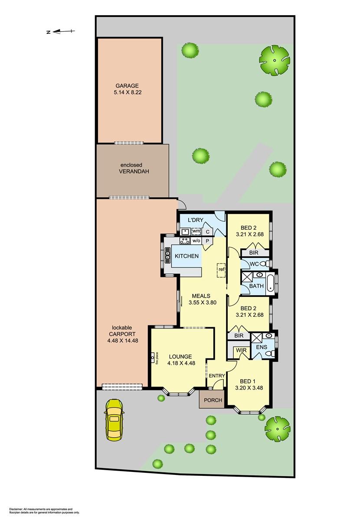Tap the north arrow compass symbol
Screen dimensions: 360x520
pyautogui.click(x=61, y=31)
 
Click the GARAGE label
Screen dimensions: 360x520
pyautogui.click(x=127, y=86)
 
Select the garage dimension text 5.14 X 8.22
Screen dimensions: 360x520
pyautogui.click(x=128, y=92)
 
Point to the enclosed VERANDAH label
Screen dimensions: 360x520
pyautogui.click(x=134, y=168)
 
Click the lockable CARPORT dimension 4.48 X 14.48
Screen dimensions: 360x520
pyautogui.click(x=123, y=341)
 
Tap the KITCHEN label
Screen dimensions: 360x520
pyautogui.click(x=187, y=256)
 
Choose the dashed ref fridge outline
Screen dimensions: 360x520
pyautogui.click(x=221, y=270)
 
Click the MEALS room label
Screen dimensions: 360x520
pyautogui.click(x=201, y=296)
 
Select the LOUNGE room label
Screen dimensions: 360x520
pyautogui.click(x=180, y=356)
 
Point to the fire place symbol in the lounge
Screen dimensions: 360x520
pyautogui.click(x=154, y=358)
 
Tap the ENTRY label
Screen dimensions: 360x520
pyautogui.click(x=217, y=376)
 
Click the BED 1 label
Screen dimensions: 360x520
pyautogui.click(x=248, y=381)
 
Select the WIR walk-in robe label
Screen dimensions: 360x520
pyautogui.click(x=241, y=350)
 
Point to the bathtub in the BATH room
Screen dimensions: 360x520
pyautogui.click(x=270, y=283)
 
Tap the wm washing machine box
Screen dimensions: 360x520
pyautogui.click(x=196, y=231)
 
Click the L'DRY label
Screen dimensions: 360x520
pyautogui.click(x=196, y=220)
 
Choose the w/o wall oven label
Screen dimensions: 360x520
pyautogui.click(x=196, y=241)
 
